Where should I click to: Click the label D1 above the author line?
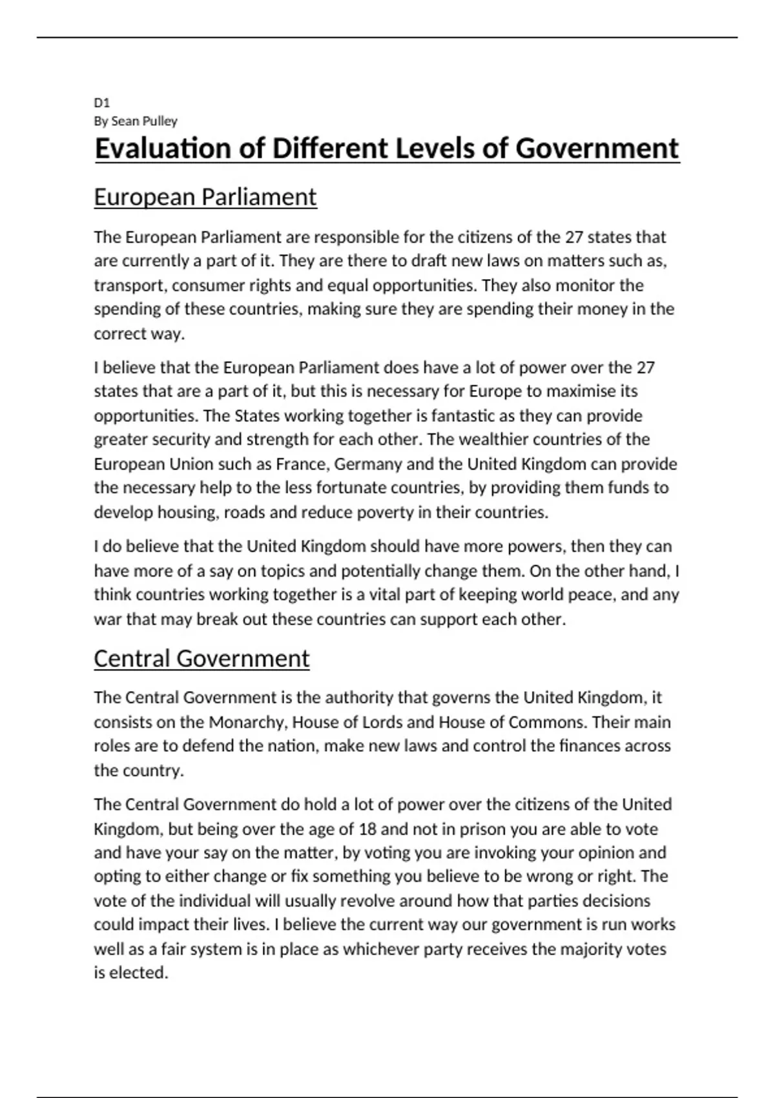102,103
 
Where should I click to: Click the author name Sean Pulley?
144,121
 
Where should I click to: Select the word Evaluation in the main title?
163,149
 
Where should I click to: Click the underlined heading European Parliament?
205,197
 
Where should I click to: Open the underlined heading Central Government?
201,659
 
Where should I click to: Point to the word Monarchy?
248,722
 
